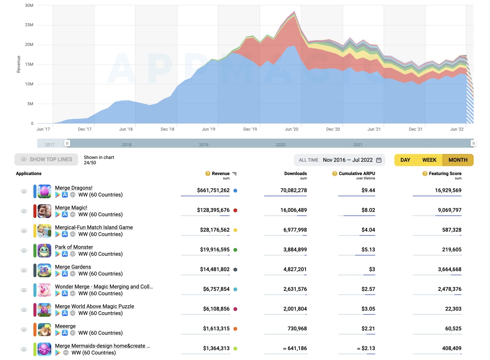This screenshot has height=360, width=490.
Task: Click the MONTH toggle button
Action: tap(458, 160)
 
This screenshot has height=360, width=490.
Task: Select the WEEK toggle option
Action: tap(429, 160)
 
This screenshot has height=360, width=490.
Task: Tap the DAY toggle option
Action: tap(405, 160)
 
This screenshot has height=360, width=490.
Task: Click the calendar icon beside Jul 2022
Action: tap(379, 160)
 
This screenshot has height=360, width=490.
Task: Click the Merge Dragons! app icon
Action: tap(44, 191)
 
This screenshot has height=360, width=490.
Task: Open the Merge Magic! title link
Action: tap(71, 208)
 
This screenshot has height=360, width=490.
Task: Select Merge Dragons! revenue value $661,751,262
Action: tap(213, 190)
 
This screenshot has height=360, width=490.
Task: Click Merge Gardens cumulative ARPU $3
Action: tap(372, 269)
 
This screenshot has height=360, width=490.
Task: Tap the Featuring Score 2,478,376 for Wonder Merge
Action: tap(449, 289)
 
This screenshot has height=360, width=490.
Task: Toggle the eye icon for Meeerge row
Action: tap(24, 330)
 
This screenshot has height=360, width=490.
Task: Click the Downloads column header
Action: tap(295, 174)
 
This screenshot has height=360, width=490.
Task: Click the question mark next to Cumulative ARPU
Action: tap(335, 174)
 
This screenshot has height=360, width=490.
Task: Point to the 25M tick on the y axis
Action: tap(29, 25)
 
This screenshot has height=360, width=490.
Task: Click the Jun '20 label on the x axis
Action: tap(291, 129)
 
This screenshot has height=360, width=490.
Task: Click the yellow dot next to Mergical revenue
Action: tap(235, 230)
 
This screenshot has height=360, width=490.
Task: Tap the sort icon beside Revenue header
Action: tap(235, 174)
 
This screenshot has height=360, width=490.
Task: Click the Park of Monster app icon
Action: tap(44, 251)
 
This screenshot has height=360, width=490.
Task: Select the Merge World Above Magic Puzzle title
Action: tap(95, 306)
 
